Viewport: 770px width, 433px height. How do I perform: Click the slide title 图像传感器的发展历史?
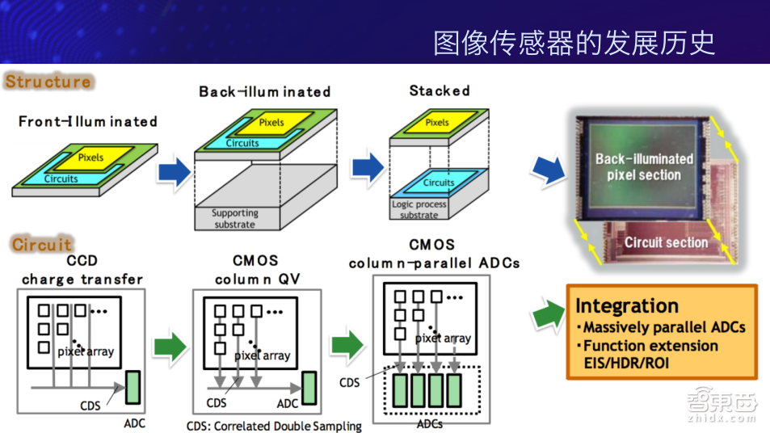(x=574, y=43)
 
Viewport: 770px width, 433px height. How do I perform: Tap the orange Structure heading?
(x=48, y=82)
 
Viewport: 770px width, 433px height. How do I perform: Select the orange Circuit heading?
(x=42, y=243)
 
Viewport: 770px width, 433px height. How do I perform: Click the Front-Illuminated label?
(x=88, y=122)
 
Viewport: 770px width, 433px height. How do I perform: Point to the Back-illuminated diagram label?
(x=265, y=92)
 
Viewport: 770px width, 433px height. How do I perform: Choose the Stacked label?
(x=440, y=90)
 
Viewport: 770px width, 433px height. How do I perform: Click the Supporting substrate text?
(x=235, y=219)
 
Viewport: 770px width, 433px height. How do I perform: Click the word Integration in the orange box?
(x=626, y=306)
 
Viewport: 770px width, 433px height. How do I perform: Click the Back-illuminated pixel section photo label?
(x=644, y=166)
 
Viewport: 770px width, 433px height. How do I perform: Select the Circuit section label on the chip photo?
(x=666, y=242)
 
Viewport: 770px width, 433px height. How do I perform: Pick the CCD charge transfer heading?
(x=82, y=271)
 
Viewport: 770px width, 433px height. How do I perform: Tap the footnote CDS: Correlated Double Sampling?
(x=274, y=426)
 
